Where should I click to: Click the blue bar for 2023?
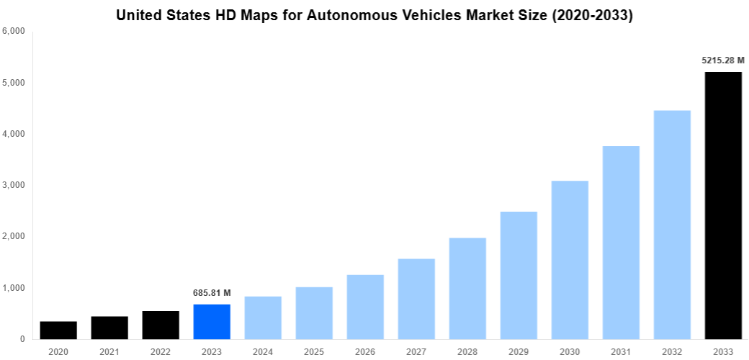tap(212, 322)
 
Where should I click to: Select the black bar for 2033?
tap(723, 206)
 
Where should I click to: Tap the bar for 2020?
tap(58, 330)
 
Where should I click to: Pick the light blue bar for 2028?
tap(467, 289)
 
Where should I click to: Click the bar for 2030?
tap(570, 260)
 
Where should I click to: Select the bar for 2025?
tap(314, 313)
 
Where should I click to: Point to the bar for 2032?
tap(672, 225)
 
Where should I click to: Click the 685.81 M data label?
tap(212, 293)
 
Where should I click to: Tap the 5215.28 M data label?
tap(723, 60)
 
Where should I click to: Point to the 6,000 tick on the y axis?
tap(14, 32)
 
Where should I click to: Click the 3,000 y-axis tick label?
tap(14, 185)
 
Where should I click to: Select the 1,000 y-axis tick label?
tap(14, 288)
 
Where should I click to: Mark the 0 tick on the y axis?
tap(22, 339)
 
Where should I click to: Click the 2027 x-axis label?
tap(416, 351)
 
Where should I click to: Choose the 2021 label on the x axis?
tap(109, 351)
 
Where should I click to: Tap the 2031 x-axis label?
tap(621, 351)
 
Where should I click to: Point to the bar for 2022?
tap(161, 325)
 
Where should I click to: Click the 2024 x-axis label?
tap(263, 351)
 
